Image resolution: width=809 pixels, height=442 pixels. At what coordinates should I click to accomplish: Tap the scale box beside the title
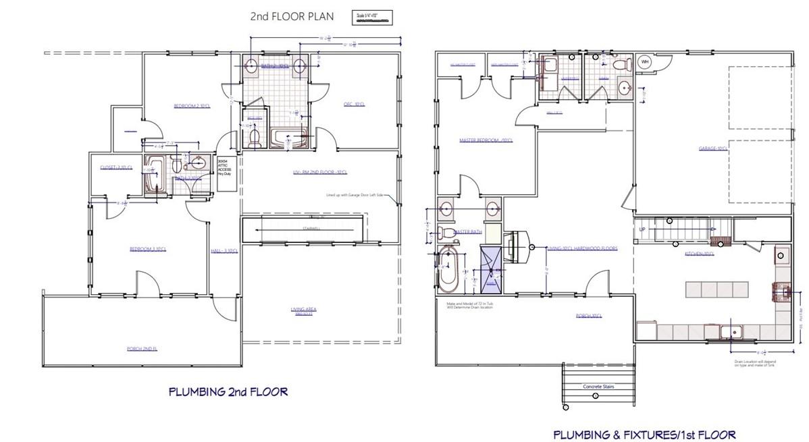click(x=371, y=17)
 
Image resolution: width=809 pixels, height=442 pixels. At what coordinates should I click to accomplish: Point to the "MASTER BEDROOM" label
click(x=486, y=140)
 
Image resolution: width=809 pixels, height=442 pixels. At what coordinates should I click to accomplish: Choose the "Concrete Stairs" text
click(x=597, y=387)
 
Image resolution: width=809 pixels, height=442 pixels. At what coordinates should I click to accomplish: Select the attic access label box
click(x=224, y=167)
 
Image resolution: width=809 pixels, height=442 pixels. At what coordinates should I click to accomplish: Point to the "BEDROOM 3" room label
click(x=148, y=249)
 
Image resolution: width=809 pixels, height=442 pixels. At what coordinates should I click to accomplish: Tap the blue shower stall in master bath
click(x=491, y=269)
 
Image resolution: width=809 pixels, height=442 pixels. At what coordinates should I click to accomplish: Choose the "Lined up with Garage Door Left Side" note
click(x=353, y=195)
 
